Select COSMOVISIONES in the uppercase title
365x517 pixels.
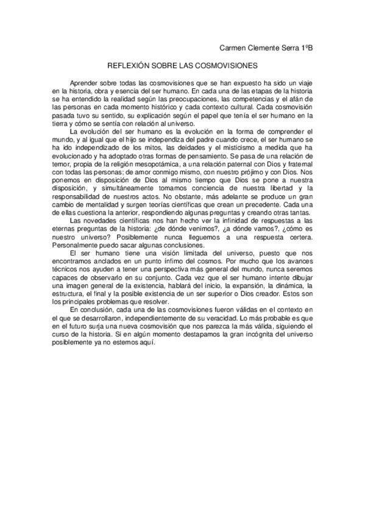226,63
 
